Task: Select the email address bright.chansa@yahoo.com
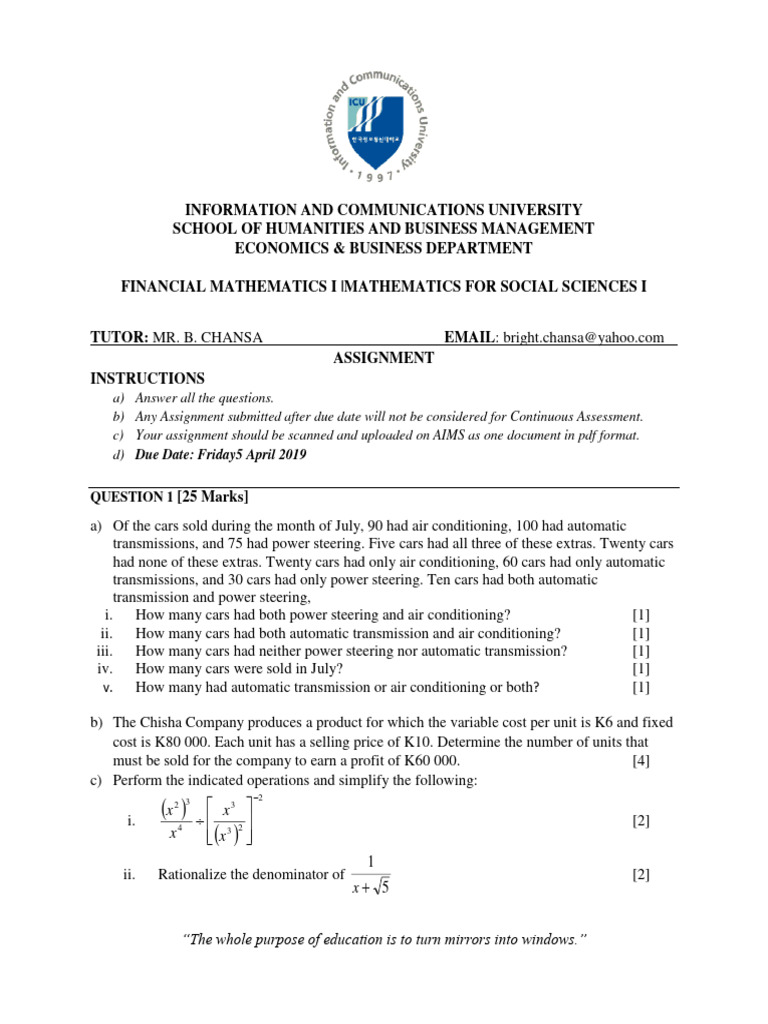pos(583,338)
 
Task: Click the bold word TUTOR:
pos(120,338)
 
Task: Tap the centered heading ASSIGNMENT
pos(383,358)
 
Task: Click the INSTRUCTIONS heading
pos(147,378)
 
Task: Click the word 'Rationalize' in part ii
pos(192,875)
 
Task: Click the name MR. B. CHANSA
pos(208,338)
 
